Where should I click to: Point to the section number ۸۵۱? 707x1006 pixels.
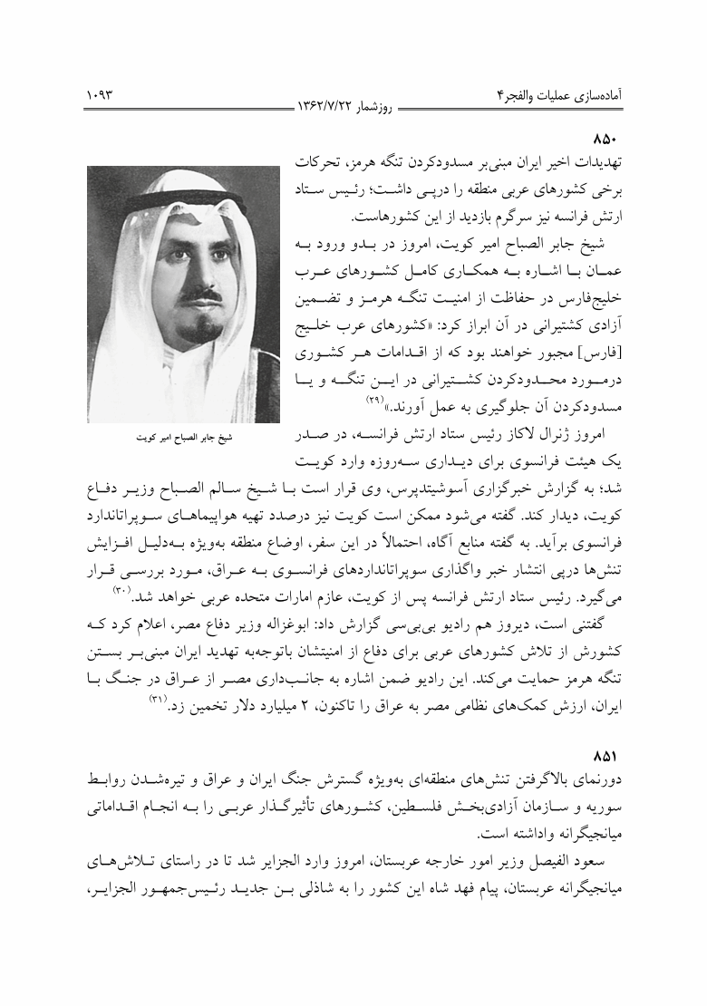coord(604,755)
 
